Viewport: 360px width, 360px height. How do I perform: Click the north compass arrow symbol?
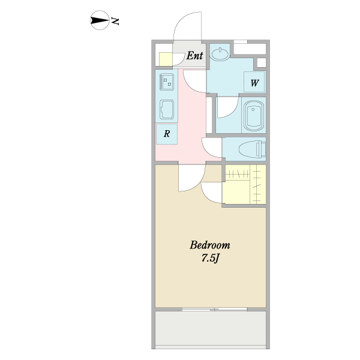(100, 20)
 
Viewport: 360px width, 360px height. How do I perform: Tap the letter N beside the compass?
(115, 21)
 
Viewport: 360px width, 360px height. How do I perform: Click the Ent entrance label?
(194, 56)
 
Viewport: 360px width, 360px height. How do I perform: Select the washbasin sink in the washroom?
(220, 54)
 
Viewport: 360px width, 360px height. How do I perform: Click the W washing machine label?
(254, 83)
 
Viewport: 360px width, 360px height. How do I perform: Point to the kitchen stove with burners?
(167, 82)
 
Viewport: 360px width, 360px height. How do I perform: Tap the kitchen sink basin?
(167, 110)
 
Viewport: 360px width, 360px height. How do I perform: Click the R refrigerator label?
(167, 133)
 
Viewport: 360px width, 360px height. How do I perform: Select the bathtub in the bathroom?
(254, 115)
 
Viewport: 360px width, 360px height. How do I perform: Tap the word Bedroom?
(210, 245)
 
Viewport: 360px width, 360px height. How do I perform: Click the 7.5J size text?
(211, 258)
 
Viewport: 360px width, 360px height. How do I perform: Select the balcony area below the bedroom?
(211, 328)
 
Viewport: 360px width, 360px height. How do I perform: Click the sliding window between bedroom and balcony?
(215, 309)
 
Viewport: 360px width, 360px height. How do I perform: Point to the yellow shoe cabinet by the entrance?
(166, 59)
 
